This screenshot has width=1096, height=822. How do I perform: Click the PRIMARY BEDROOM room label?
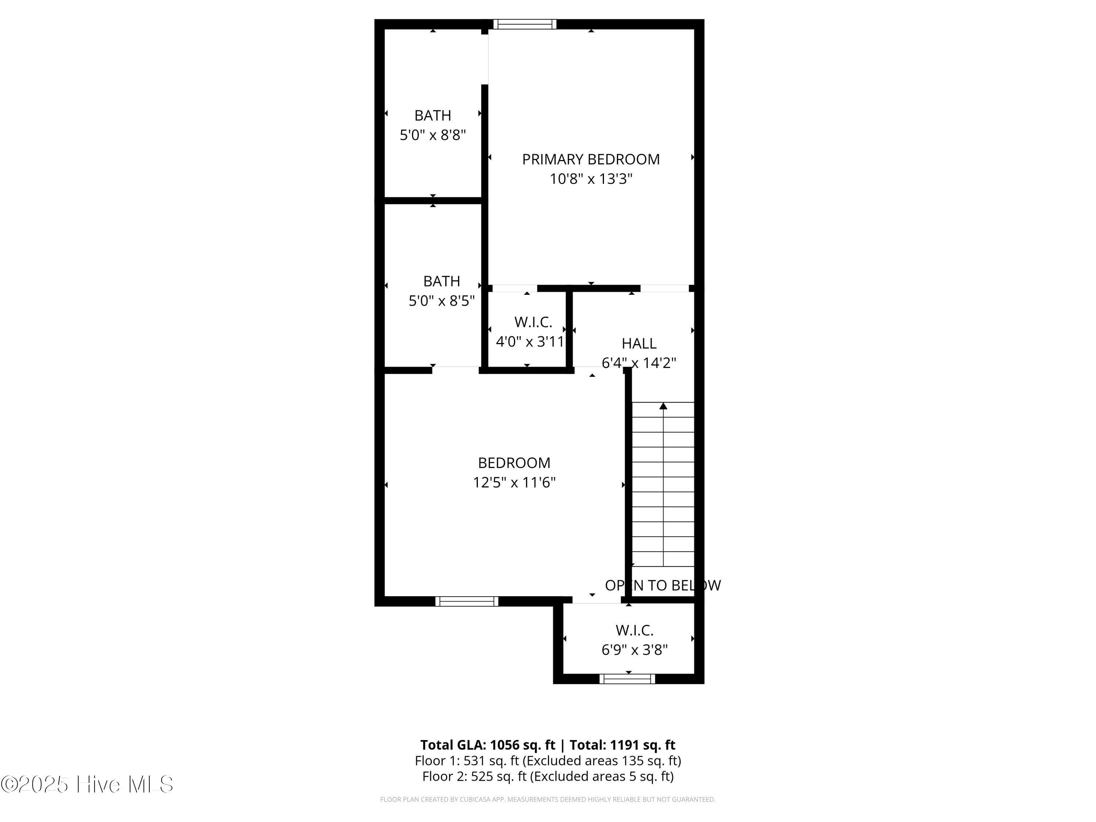pos(591,160)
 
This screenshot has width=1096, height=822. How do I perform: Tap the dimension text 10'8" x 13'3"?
pos(591,179)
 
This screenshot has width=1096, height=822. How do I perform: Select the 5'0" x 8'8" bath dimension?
pos(433,135)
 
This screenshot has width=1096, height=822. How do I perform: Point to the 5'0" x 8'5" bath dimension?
pos(441,301)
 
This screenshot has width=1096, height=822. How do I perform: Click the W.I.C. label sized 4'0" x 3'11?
pos(533,322)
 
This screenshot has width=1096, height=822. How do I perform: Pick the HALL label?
pos(639,343)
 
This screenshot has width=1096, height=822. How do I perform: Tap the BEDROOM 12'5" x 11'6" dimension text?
pos(514,482)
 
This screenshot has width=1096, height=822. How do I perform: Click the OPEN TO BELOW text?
pos(662,585)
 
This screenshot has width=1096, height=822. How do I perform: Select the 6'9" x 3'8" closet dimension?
pos(634,650)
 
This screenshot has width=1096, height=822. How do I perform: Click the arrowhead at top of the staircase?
pos(663,406)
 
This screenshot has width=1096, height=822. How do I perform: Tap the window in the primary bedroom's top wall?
pos(525,24)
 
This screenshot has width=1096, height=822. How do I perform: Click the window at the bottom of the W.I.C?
pos(627,679)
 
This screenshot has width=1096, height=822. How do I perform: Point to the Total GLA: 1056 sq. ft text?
pos(488,745)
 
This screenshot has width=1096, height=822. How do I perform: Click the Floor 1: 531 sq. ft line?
pos(548,761)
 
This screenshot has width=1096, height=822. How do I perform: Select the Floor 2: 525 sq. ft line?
pos(548,776)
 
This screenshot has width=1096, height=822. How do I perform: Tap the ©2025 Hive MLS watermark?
pos(87,784)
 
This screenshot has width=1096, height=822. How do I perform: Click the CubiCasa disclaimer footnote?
pos(548,799)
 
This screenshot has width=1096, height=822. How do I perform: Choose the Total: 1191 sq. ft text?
pos(622,745)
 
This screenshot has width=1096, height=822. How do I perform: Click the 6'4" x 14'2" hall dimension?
pos(639,363)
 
